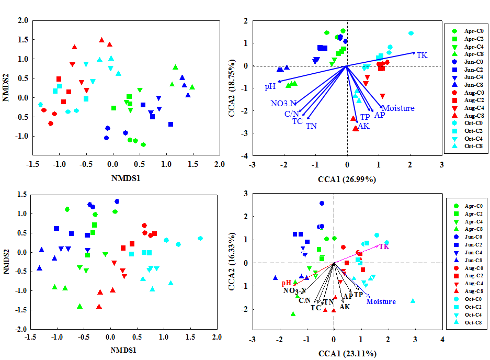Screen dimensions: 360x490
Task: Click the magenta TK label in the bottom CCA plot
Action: click(384, 246)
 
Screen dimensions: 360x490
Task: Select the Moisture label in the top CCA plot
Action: click(398, 108)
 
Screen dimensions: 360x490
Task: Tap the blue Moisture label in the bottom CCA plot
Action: click(381, 301)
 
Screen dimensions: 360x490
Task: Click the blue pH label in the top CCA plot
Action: click(270, 86)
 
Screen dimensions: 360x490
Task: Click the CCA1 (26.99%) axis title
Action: click(347, 179)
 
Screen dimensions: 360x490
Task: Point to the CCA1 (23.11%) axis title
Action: click(347, 354)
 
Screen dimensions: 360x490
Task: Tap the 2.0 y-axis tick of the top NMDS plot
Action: click(21, 20)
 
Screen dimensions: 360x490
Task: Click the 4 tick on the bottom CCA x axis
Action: click(442, 340)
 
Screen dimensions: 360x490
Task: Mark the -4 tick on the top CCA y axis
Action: click(243, 156)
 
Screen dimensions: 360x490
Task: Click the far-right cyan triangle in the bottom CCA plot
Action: click(413, 301)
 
